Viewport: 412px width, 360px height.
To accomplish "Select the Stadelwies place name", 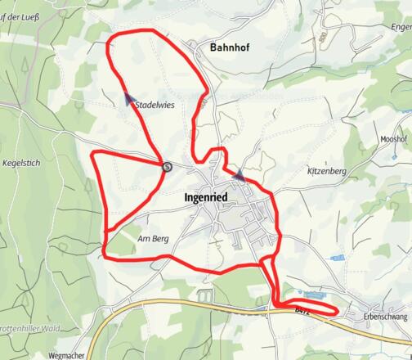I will point(156,104).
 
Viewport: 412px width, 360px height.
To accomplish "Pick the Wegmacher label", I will point(66,356).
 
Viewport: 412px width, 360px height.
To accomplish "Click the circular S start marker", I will point(167,166).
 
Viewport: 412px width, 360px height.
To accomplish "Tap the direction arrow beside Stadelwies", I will point(129,99).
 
